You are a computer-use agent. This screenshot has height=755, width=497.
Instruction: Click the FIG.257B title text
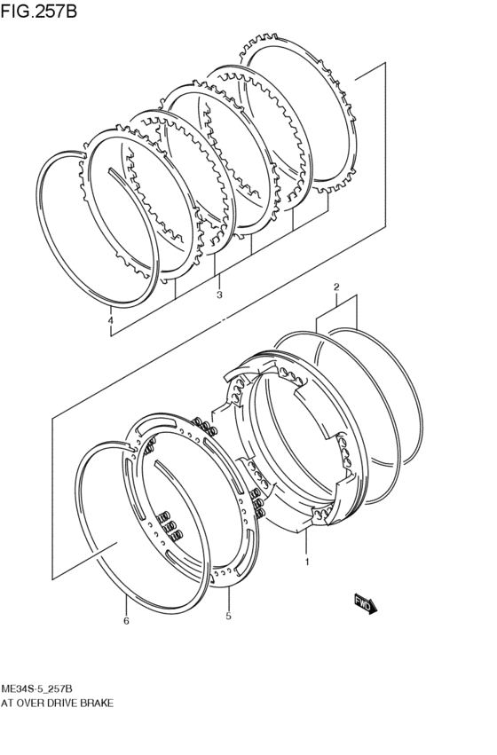point(39,11)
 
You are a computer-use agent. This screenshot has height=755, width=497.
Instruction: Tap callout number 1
point(307,562)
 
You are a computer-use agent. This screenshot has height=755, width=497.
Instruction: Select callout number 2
point(336,287)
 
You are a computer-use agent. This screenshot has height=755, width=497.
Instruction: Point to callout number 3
point(219,295)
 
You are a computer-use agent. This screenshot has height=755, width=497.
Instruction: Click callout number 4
point(111,320)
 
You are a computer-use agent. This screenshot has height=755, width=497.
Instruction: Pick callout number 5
point(228,616)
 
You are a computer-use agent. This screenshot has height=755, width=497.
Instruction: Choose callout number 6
point(126,621)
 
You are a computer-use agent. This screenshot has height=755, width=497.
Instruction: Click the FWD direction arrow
point(366,604)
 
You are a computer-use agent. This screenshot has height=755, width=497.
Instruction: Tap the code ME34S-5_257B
point(37,688)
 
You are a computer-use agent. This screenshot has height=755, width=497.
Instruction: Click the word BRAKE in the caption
point(97,704)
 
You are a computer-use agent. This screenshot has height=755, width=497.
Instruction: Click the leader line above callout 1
point(306,542)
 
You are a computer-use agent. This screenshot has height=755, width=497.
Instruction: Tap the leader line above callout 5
point(228,598)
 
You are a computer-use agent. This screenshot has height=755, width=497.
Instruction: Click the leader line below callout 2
point(336,300)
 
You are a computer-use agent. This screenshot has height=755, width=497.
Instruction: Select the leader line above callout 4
point(111,311)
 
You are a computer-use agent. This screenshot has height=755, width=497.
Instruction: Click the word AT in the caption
point(7,704)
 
